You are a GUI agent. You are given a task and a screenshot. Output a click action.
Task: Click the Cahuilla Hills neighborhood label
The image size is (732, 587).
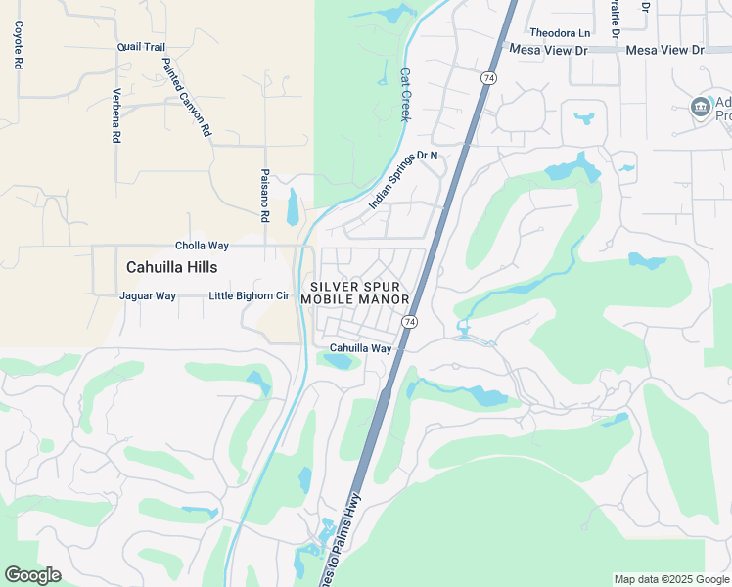point(172,267)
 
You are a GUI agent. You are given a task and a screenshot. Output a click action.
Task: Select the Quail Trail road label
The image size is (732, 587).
point(141,46)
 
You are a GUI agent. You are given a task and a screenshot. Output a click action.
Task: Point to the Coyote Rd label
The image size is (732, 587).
point(18,45)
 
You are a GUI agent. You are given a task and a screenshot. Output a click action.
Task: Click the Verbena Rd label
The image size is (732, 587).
point(115,116)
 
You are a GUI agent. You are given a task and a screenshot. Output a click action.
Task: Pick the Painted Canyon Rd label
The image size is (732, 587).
point(187,96)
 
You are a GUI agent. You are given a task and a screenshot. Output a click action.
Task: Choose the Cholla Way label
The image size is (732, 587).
point(202,246)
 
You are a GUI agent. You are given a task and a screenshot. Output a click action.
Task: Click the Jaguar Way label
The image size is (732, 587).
point(147,295)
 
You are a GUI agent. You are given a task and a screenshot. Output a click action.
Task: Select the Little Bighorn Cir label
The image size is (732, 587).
point(250,295)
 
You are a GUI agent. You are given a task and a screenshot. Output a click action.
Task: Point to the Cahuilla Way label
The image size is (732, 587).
point(360,348)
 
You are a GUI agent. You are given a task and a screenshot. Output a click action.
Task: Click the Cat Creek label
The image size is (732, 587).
point(404,94)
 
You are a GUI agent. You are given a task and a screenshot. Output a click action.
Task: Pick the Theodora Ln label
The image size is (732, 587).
point(561,32)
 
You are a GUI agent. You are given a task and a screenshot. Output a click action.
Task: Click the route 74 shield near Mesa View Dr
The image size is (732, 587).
point(488,77)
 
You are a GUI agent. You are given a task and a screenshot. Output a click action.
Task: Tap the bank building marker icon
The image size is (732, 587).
point(700,107)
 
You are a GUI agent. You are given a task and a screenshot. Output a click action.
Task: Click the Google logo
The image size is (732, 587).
point(32,575)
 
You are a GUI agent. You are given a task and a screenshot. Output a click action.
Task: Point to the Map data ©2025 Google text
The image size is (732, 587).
point(671,579)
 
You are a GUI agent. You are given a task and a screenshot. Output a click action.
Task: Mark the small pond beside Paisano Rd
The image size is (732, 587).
point(292,206)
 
